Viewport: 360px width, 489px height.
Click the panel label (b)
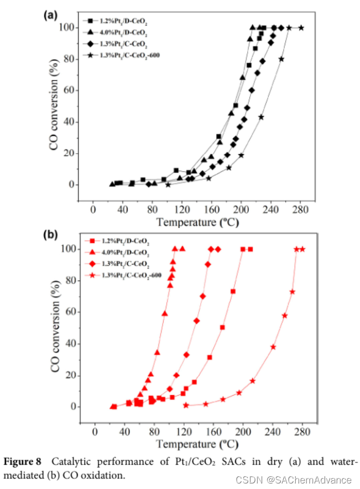coord(51,234)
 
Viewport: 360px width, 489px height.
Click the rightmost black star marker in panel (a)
coord(301,28)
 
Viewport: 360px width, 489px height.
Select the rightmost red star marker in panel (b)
coord(302,249)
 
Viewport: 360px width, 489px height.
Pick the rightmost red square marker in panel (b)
coord(250,249)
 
